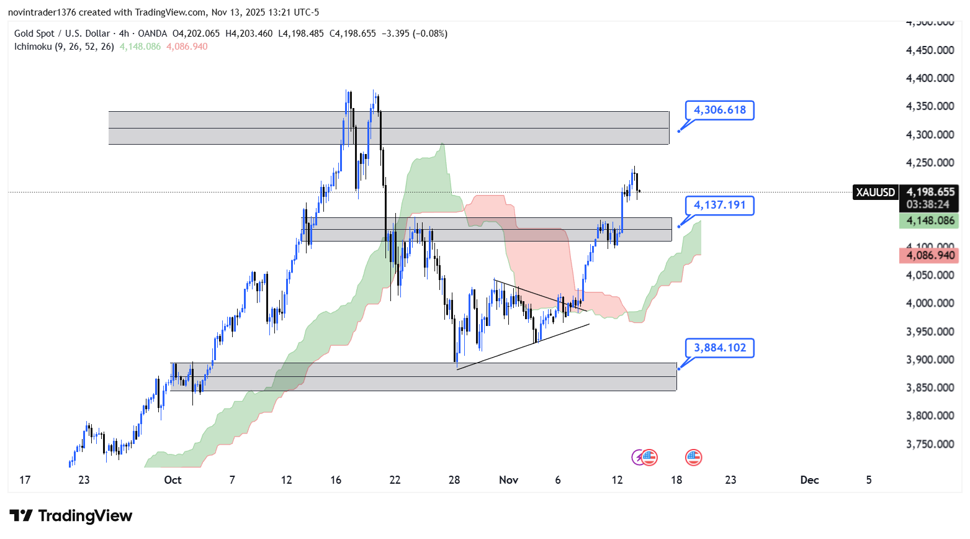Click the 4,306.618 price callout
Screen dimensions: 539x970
(719, 110)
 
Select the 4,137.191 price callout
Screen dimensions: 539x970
(719, 205)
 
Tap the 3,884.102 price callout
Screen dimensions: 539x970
(719, 348)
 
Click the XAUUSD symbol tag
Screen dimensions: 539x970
(875, 192)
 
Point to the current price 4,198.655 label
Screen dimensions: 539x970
(930, 192)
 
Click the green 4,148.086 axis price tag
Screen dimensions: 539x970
(930, 220)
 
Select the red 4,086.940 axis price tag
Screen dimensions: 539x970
(930, 255)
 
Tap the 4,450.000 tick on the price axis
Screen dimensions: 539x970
(930, 50)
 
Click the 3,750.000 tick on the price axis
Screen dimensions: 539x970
(930, 444)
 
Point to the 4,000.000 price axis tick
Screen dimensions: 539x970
(930, 303)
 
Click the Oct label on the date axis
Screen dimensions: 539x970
(173, 479)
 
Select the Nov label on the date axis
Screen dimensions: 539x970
(508, 479)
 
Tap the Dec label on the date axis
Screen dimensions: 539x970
(809, 479)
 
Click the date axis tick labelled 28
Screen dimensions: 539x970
(454, 479)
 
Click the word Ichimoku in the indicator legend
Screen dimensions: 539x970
(33, 47)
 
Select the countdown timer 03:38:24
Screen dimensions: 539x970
(928, 204)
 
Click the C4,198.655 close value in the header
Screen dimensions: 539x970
(353, 34)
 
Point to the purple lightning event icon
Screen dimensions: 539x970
(638, 458)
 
